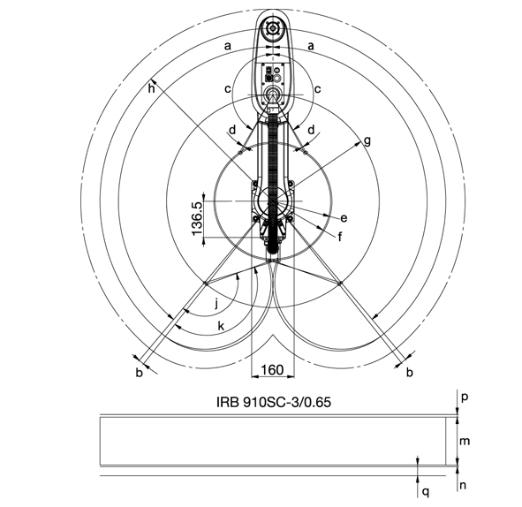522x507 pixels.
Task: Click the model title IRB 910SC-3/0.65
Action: [x=274, y=402]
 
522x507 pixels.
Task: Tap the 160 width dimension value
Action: [x=272, y=369]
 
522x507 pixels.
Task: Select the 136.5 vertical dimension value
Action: [x=197, y=218]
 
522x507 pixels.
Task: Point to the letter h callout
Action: [x=151, y=89]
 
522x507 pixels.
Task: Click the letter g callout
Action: [x=367, y=141]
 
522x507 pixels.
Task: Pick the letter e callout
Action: [x=344, y=218]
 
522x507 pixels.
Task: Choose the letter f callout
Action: [x=340, y=237]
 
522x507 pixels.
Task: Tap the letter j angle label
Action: [x=216, y=304]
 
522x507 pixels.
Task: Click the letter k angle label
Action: [x=221, y=326]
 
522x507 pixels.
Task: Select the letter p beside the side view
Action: [x=465, y=397]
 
